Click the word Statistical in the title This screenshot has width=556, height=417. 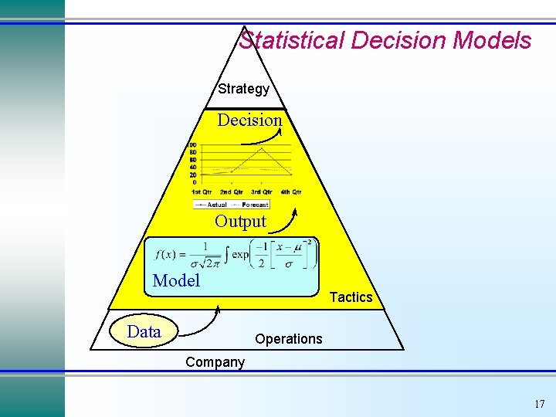click(x=292, y=40)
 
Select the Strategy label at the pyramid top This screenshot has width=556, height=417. click(x=244, y=89)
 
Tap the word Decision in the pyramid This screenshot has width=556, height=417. click(x=249, y=120)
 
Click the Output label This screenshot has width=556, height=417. click(x=240, y=222)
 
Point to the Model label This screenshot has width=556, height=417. click(x=176, y=280)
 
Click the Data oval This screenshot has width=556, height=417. click(x=145, y=332)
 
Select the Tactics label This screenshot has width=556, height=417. click(x=351, y=297)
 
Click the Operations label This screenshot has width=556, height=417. click(x=289, y=339)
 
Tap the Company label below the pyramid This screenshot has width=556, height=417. click(x=215, y=362)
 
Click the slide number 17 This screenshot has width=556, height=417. click(x=539, y=404)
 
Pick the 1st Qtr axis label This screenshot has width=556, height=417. click(x=202, y=192)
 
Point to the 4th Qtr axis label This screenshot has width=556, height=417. click(x=291, y=192)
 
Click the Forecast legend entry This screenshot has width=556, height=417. click(x=255, y=205)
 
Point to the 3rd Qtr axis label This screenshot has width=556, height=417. click(x=261, y=192)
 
